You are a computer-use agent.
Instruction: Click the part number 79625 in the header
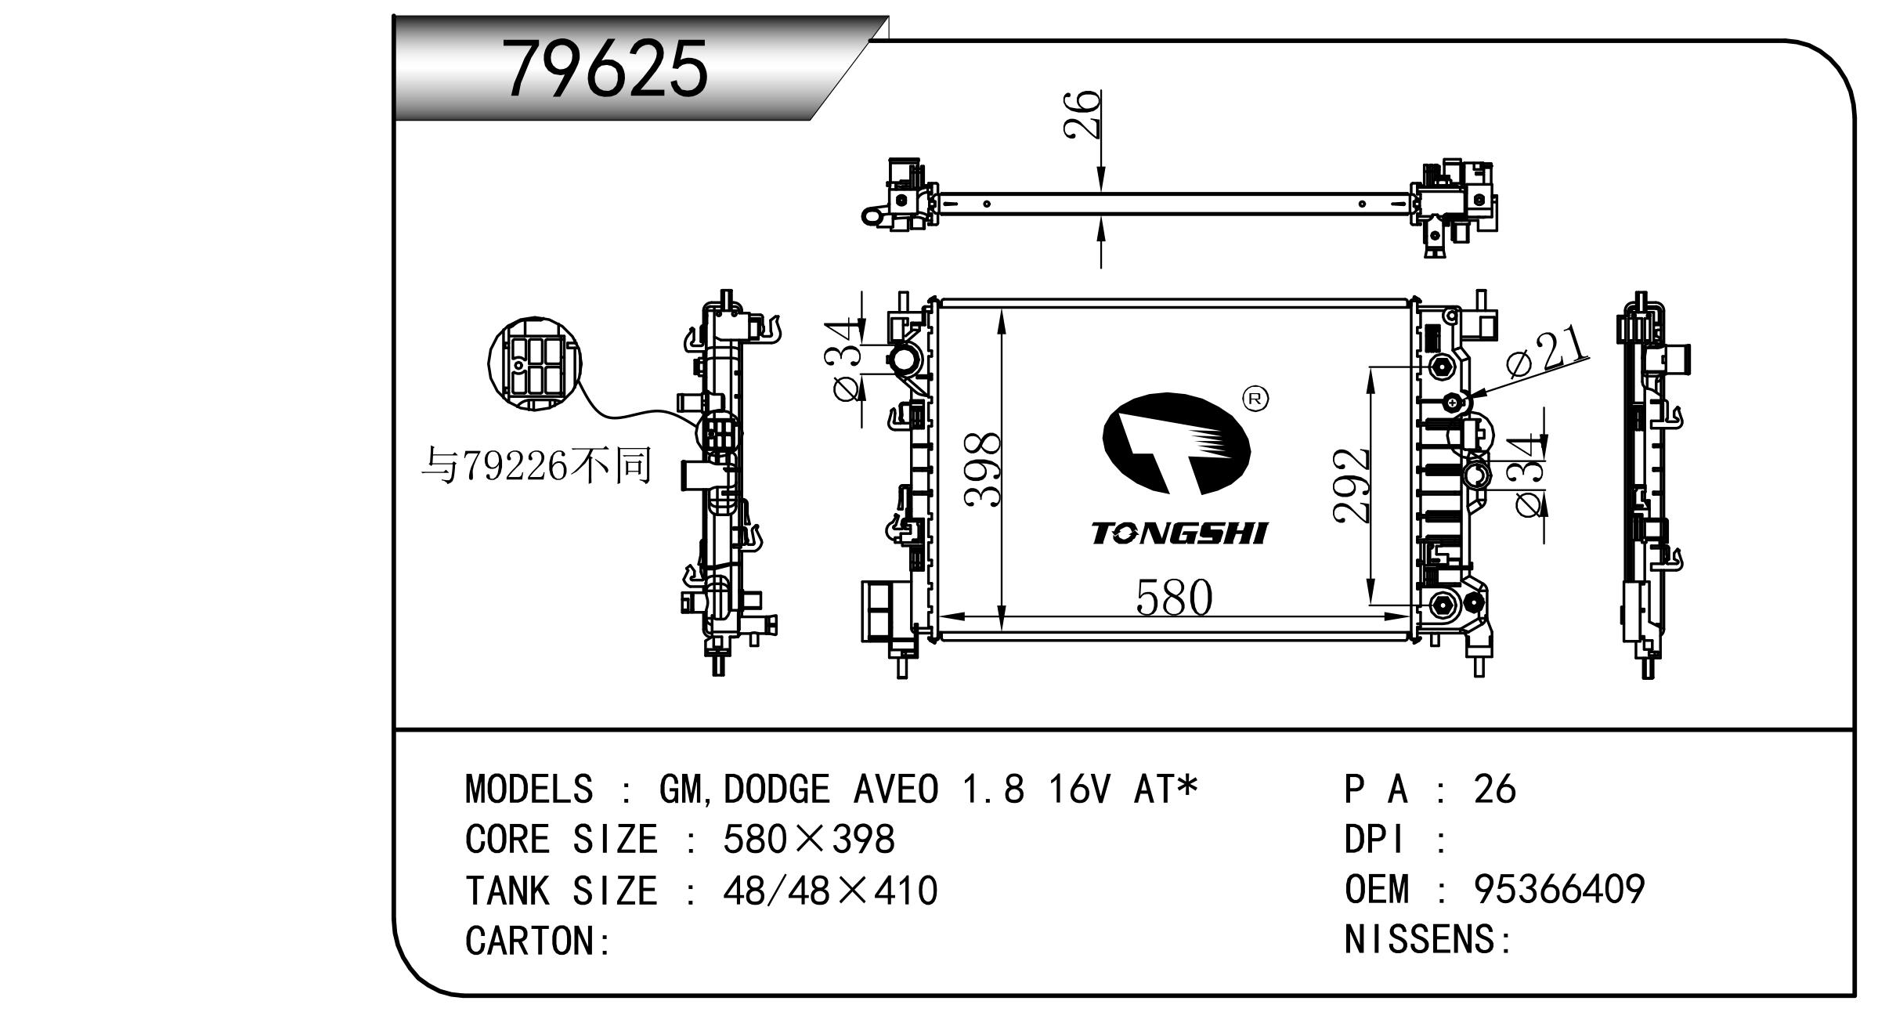[x=605, y=69]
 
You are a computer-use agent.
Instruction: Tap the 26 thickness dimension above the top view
[x=1083, y=114]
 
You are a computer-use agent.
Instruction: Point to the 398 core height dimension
[x=982, y=469]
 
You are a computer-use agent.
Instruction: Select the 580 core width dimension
[x=1173, y=598]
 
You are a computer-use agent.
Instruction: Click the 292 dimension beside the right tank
[x=1351, y=486]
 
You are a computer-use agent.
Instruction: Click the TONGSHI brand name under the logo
[x=1179, y=534]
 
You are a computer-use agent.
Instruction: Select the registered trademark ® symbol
[x=1255, y=399]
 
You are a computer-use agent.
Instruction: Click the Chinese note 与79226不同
[x=536, y=467]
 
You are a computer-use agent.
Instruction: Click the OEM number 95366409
[x=1558, y=890]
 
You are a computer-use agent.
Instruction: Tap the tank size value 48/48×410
[x=829, y=891]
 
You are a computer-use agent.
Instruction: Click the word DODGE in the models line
[x=776, y=790]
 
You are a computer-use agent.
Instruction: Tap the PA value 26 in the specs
[x=1494, y=790]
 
